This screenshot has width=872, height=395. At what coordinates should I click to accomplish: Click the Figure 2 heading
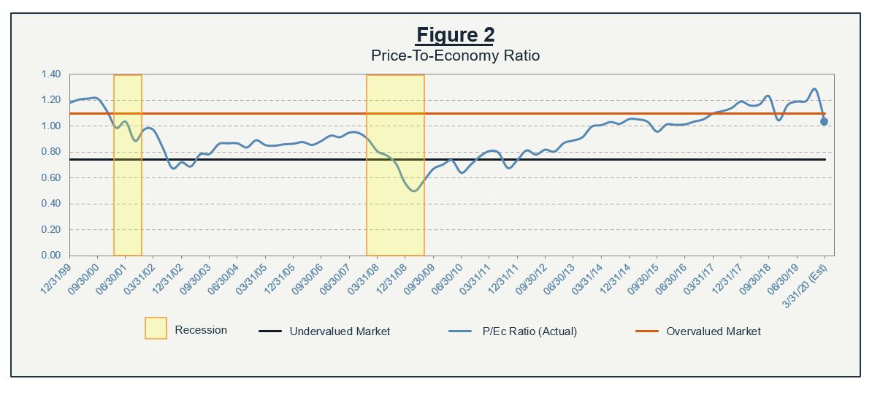[455, 34]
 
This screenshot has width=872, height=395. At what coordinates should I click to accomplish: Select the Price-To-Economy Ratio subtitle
[455, 55]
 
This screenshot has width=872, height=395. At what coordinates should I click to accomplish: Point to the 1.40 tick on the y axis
[50, 74]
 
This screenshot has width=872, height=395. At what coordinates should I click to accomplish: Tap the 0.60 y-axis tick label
[50, 178]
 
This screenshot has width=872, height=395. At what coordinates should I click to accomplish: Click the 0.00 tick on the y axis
[50, 256]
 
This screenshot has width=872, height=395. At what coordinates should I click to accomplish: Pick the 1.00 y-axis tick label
[50, 126]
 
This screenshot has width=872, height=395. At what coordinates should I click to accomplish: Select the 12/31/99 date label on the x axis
[56, 276]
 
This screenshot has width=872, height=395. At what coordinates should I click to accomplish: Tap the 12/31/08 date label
[391, 276]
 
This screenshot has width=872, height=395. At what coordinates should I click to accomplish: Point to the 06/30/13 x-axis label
[559, 276]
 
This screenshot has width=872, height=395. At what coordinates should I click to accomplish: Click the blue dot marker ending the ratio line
[824, 122]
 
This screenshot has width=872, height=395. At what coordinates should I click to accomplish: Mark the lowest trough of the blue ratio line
[414, 191]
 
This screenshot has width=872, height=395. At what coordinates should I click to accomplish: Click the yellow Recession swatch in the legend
[156, 329]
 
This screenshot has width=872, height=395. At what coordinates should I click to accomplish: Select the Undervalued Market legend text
[340, 331]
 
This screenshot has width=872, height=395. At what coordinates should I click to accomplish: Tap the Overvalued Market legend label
[713, 331]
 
